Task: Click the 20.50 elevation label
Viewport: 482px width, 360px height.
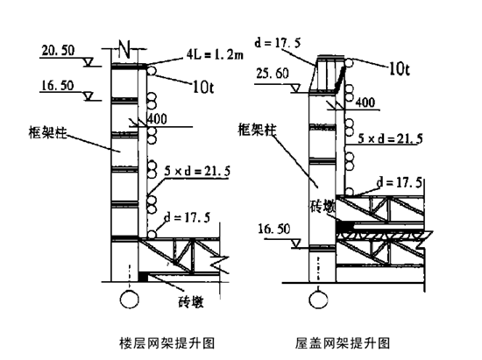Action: [x=58, y=51]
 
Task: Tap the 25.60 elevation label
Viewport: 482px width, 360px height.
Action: [x=273, y=74]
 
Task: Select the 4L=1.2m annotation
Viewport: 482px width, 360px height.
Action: [x=215, y=54]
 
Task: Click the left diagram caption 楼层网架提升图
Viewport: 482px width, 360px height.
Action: [x=167, y=342]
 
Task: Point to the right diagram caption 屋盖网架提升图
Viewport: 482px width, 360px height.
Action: [x=343, y=342]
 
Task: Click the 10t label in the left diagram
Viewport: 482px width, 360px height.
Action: [x=203, y=88]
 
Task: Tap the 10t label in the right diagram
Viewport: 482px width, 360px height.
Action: [x=400, y=69]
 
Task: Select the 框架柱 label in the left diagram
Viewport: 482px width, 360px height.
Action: [x=47, y=132]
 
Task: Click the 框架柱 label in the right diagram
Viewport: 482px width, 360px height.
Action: [x=258, y=130]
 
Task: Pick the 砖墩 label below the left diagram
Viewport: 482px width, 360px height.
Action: [x=191, y=302]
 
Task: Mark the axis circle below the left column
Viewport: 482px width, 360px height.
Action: [x=130, y=300]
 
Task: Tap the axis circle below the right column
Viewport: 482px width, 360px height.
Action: [x=318, y=300]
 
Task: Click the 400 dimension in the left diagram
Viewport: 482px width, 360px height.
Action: [x=157, y=119]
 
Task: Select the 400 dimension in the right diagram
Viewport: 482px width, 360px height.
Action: [x=365, y=102]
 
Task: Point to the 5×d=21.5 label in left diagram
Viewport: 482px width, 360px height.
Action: [x=197, y=171]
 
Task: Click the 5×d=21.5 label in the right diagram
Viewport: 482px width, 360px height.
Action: [x=390, y=138]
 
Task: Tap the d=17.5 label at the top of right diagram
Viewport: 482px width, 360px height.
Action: [x=278, y=43]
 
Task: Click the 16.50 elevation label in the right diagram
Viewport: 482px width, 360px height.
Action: [x=274, y=229]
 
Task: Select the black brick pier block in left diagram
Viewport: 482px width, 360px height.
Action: [x=143, y=276]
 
